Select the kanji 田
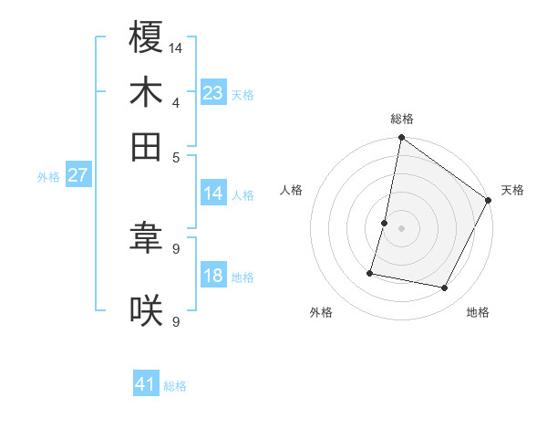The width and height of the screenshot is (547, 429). click(146, 145)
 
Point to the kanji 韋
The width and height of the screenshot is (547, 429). click(146, 238)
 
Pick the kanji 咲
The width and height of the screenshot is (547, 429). click(146, 310)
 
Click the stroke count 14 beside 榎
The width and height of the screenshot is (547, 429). click(176, 47)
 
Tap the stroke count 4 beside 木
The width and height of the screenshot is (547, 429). click(176, 101)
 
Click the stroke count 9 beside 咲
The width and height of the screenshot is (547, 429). click(176, 320)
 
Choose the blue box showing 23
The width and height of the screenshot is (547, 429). click(213, 93)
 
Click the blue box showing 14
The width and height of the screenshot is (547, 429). click(213, 194)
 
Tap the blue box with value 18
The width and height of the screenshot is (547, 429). click(213, 276)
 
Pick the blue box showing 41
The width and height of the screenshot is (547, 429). click(146, 384)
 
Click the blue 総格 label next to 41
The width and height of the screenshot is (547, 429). click(175, 386)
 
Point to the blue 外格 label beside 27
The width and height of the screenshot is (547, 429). click(48, 177)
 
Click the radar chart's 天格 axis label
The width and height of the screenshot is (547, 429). click(512, 190)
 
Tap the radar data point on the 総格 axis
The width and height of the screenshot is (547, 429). click(401, 139)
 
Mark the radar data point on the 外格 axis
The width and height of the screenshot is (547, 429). click(371, 272)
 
